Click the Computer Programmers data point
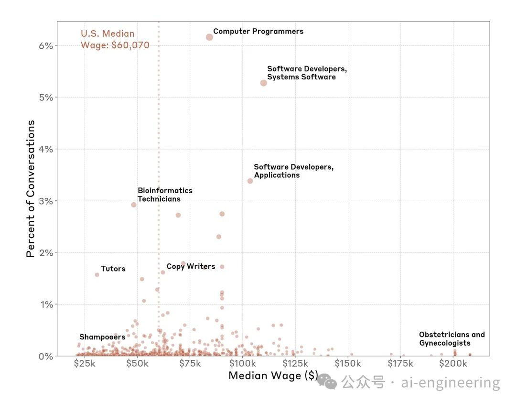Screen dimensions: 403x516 point(209,37)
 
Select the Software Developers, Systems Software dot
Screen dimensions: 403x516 point(263,83)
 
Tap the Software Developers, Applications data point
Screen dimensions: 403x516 point(250,181)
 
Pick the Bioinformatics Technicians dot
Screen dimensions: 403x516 point(134,205)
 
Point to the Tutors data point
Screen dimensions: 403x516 point(97,274)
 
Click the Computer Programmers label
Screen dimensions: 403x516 point(258,32)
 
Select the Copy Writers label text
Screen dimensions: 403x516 point(191,266)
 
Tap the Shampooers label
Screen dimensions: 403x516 point(102,337)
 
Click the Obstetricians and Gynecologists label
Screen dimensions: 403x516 point(451,339)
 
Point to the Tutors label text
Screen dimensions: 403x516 point(113,269)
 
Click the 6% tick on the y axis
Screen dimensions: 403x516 point(46,45)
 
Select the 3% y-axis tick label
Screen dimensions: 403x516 point(46,201)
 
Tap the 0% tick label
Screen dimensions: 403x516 point(46,356)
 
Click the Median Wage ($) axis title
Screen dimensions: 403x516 point(273,376)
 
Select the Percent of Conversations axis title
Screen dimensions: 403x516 point(31,189)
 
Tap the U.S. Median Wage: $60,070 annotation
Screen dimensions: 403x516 point(115,40)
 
